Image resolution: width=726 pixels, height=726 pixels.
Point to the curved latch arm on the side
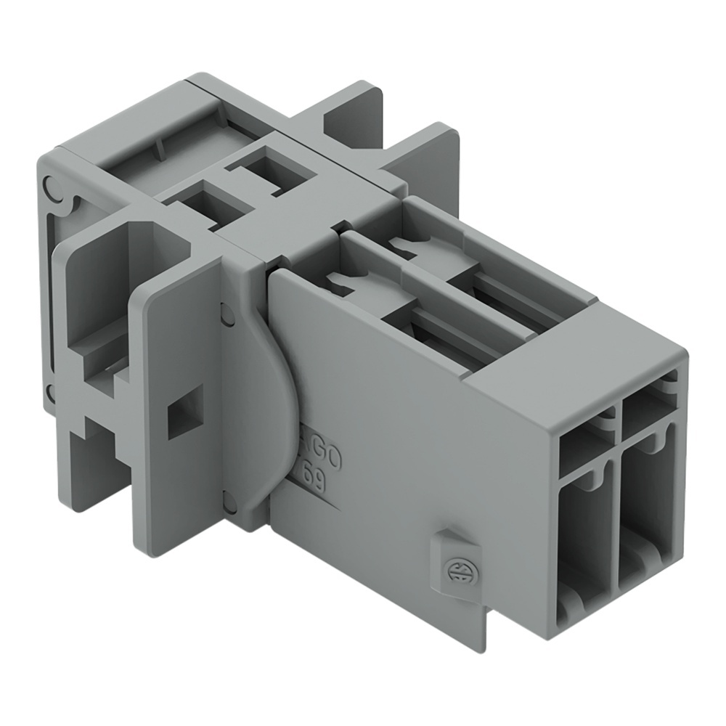coord(272,392)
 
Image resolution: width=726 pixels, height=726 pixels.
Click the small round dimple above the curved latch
coord(227,314)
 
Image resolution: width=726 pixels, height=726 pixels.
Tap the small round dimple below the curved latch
coord(228,499)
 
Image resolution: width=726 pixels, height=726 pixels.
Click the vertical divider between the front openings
coord(617,508)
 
